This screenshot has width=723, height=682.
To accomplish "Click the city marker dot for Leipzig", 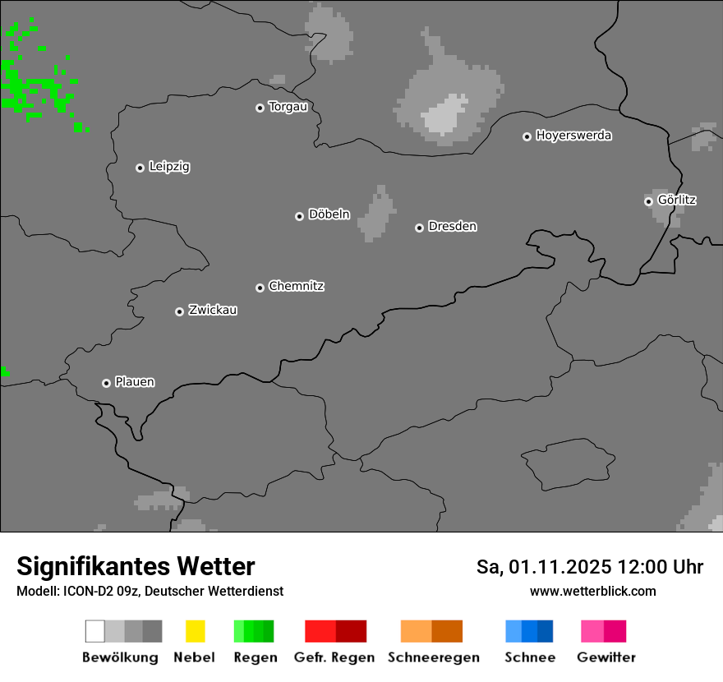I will coord(140,168).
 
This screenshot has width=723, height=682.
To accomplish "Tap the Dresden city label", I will coord(452,226).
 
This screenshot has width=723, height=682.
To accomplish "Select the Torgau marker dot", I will coord(260,108).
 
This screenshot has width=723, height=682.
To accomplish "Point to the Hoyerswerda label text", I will coord(573,136).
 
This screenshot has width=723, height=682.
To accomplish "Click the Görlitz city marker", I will coord(648,201).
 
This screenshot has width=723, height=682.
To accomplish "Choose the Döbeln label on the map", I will coord(329,214).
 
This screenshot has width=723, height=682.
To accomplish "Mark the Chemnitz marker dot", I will coord(260,288).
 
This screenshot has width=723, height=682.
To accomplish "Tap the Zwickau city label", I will coord(213,310).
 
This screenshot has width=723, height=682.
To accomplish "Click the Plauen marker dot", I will coord(106,383).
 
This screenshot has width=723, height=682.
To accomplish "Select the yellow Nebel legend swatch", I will coord(195,631).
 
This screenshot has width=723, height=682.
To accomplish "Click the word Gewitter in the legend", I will coord(606,657).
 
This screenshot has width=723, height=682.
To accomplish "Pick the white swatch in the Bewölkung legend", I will coord(94,631).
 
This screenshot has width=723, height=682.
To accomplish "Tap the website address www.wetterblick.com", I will coord(592,591).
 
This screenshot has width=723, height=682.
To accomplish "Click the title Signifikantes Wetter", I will coord(136,566).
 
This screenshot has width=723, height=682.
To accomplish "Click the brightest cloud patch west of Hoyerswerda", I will coord(444,116).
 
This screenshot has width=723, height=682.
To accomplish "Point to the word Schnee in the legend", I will coord(530,657).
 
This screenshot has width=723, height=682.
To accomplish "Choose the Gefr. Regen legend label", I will coord(334,657).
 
